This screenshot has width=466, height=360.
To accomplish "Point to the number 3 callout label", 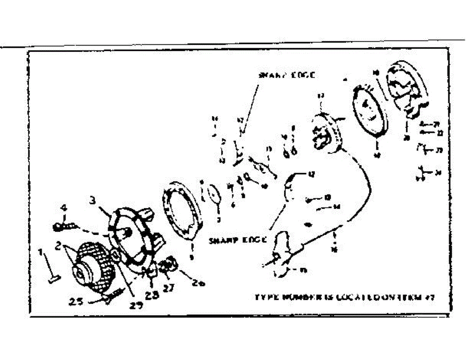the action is tap(92, 201).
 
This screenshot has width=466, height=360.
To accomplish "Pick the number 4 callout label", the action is tap(64, 208).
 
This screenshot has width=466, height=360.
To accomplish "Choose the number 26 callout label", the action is tap(198, 283).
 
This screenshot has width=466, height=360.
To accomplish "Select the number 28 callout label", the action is tap(152, 295).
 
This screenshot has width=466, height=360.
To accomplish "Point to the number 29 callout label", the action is tap(136, 305).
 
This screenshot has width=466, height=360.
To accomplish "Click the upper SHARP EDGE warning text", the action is tap(286, 75).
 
